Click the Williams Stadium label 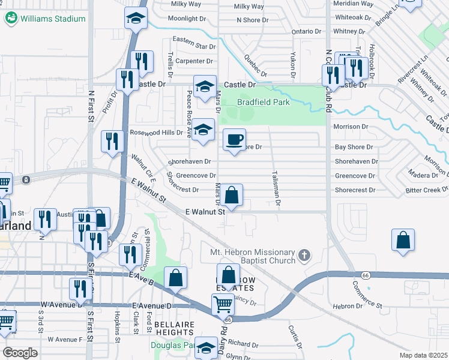[53, 19]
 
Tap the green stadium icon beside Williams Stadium [11, 18]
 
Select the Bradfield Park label [263, 102]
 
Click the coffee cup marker [234, 140]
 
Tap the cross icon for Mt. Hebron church [304, 256]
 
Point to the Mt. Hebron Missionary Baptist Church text [252, 256]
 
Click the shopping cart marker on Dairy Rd [223, 305]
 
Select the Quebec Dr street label [255, 64]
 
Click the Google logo [20, 353]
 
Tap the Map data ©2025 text [423, 355]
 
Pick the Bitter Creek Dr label [426, 190]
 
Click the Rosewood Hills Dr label [156, 133]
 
